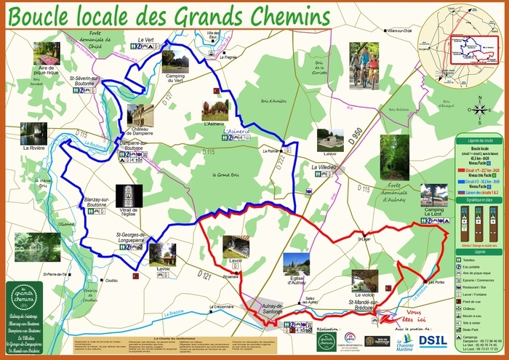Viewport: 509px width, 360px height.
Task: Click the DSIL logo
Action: [433, 340]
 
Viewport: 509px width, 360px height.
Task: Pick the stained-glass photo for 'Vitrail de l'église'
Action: [129, 196]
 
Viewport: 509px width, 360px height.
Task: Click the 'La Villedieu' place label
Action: [324, 167]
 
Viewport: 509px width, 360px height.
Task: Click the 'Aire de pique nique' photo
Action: [47, 53]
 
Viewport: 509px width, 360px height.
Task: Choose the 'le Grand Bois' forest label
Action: [225, 175]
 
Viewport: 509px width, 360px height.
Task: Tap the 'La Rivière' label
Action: [34, 148]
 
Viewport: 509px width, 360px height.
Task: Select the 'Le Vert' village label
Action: [145, 39]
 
